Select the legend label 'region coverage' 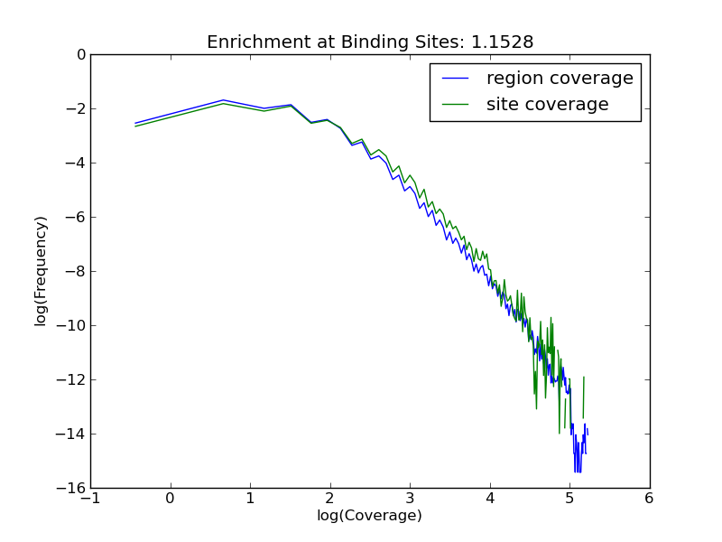(560, 79)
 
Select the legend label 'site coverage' (548, 105)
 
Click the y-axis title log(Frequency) (41, 271)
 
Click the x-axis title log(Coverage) (369, 516)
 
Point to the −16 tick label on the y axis (70, 488)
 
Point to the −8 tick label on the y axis (74, 271)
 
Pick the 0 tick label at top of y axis (81, 54)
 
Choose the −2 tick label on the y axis (74, 108)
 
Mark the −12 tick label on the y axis (70, 379)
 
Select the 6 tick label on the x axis (649, 498)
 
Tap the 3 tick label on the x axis (410, 498)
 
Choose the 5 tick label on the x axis (569, 498)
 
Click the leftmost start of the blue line (135, 123)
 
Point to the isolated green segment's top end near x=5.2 (585, 377)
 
